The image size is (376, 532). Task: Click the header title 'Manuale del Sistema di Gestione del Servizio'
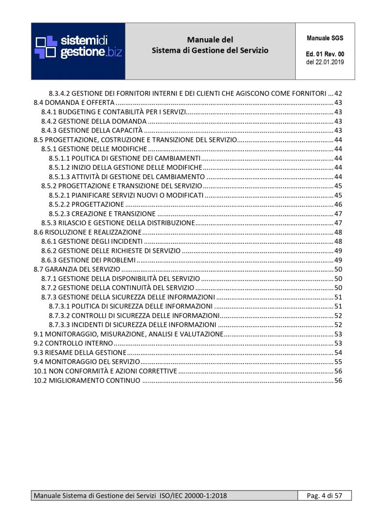coord(210,45)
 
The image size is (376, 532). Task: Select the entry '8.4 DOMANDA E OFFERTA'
coord(74,102)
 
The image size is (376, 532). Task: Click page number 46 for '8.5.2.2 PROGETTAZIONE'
coord(338,204)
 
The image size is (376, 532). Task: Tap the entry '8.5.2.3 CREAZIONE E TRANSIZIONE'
coord(102,213)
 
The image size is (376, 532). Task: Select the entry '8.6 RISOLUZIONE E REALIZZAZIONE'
coord(87,232)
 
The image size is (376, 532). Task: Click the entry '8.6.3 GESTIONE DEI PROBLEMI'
coord(88,260)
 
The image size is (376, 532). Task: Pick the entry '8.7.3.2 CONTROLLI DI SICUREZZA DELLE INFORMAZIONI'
coord(134,316)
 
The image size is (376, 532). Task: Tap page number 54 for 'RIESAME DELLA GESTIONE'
coord(338,352)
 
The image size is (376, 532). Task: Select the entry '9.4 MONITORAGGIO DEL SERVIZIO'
coord(87,362)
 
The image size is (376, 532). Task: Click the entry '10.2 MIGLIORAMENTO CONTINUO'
coord(87,380)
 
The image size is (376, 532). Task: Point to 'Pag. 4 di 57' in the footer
coord(324,496)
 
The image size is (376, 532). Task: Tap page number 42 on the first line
coord(338,93)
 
